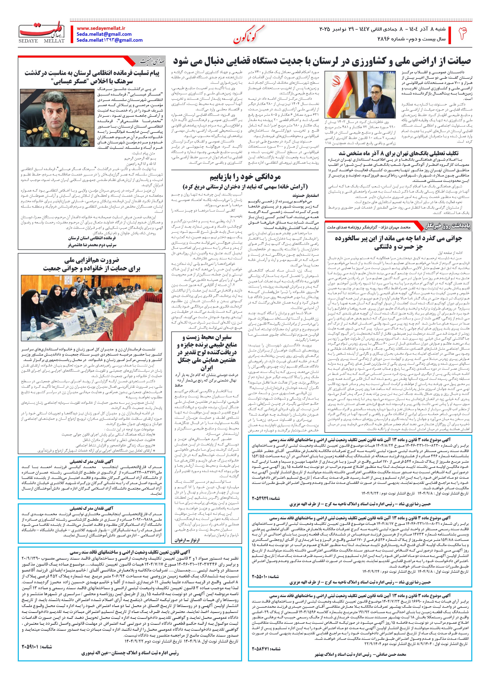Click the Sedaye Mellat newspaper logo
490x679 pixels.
coord(42,32)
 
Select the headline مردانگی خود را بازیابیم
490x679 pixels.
coord(245,177)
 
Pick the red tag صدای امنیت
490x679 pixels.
coord(152,62)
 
